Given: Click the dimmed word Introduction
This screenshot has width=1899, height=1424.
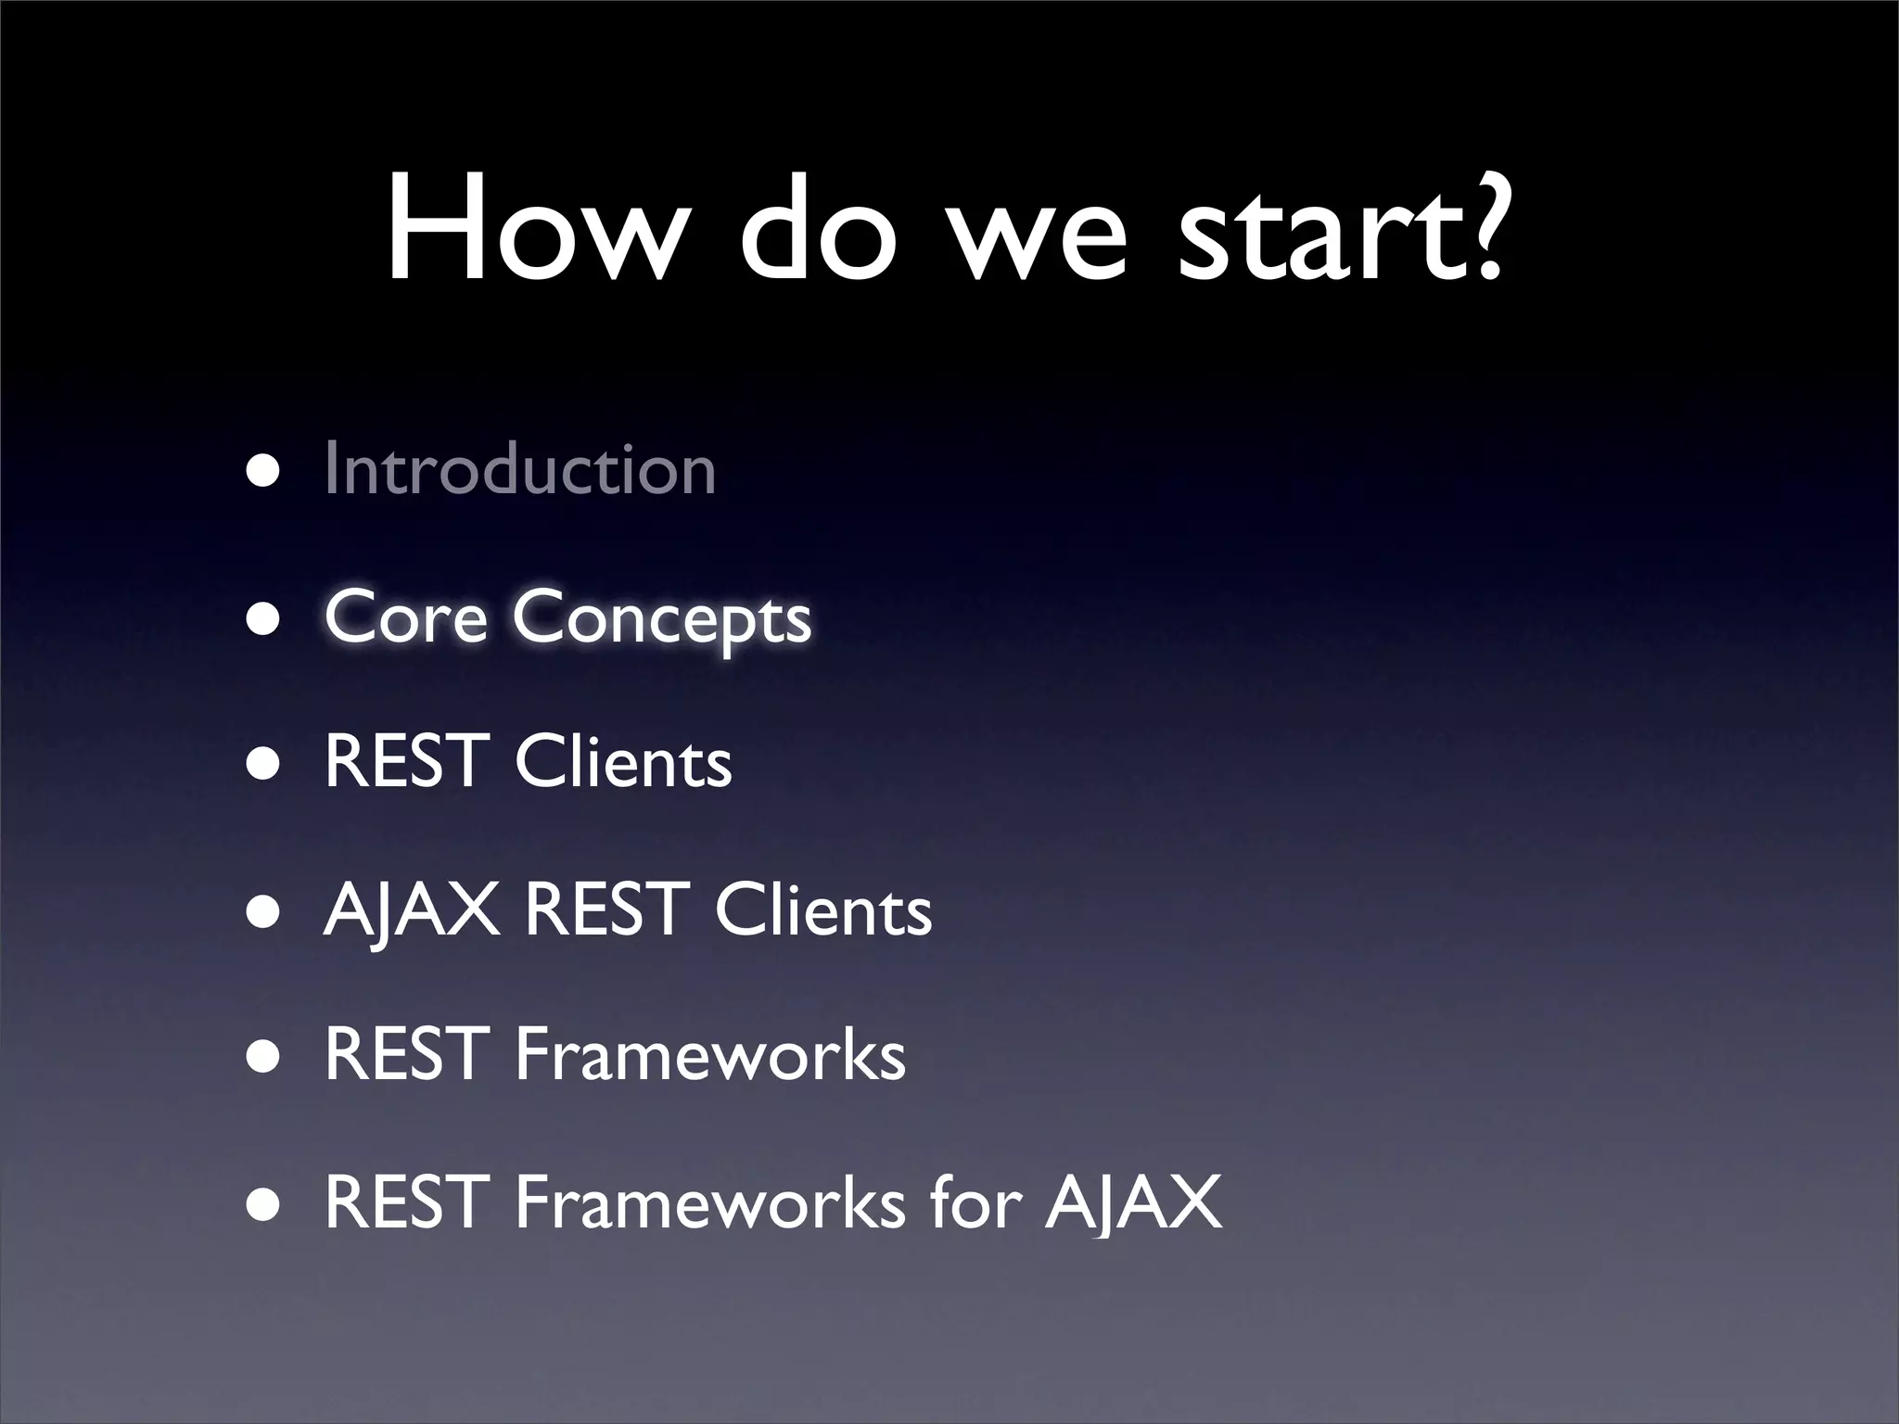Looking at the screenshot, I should pyautogui.click(x=520, y=469).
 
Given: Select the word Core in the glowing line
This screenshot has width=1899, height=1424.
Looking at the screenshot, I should pyautogui.click(x=405, y=617).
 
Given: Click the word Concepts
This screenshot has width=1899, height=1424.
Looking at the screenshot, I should pyautogui.click(x=661, y=619).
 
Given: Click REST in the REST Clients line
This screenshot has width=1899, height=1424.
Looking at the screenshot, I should pyautogui.click(x=406, y=762).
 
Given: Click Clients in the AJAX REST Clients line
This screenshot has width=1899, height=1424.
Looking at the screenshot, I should pyautogui.click(x=822, y=910).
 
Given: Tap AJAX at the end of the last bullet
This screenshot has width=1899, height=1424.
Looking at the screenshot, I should pyautogui.click(x=1133, y=1203).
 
